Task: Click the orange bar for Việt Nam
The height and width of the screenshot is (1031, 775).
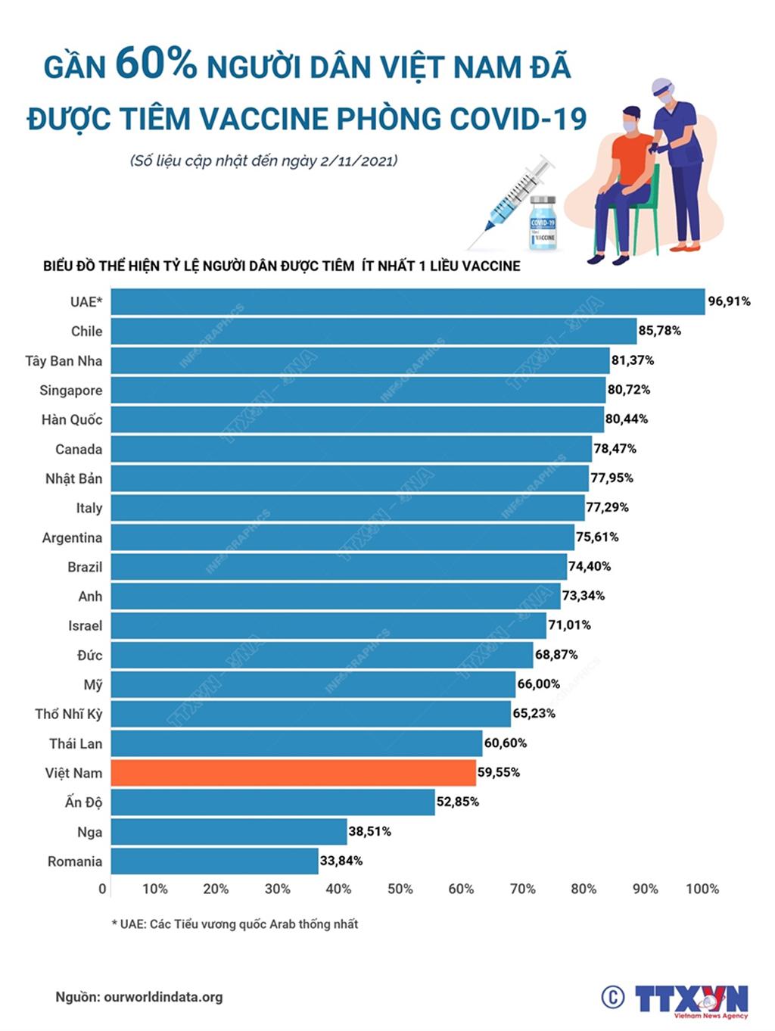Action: click(x=294, y=773)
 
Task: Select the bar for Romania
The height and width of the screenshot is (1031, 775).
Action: click(x=214, y=861)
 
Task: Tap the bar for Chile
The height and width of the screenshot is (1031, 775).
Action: click(x=374, y=331)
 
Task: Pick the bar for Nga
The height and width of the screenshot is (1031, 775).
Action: click(x=229, y=832)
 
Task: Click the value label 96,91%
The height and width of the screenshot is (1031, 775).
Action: click(x=729, y=301)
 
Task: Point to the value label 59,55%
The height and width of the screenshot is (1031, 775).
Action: click(x=498, y=773)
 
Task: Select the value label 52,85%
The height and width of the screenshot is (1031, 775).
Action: click(x=457, y=802)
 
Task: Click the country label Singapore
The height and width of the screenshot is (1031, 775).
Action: click(x=71, y=391)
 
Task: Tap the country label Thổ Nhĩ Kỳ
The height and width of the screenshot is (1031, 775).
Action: click(x=69, y=715)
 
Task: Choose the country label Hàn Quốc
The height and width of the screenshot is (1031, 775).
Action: click(x=72, y=419)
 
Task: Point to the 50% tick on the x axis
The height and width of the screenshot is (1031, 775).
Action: click(x=400, y=889)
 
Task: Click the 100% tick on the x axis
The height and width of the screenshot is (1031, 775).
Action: click(x=702, y=889)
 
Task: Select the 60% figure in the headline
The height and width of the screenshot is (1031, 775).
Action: click(x=156, y=64)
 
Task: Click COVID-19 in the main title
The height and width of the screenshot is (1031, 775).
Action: click(x=518, y=119)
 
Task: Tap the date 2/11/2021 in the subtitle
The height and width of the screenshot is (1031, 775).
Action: click(x=359, y=160)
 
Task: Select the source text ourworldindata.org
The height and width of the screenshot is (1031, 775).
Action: click(x=163, y=997)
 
